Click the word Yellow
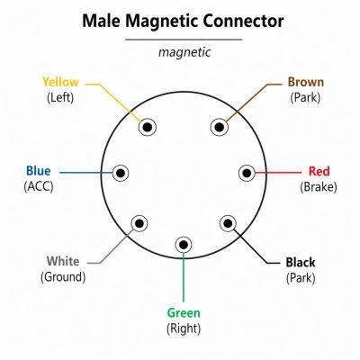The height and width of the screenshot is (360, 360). (60, 82)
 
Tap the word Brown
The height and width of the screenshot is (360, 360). (306, 82)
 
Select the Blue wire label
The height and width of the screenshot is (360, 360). (39, 171)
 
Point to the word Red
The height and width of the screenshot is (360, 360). (319, 171)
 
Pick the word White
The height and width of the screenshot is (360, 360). (63, 261)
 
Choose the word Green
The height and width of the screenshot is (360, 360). (184, 313)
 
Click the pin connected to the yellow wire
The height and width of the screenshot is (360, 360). (148, 128)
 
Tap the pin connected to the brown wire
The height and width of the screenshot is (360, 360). (220, 127)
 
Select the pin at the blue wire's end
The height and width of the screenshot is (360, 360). (121, 173)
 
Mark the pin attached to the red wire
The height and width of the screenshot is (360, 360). (247, 173)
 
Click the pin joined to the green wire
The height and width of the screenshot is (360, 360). (184, 245)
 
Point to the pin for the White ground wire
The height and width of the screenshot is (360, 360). (139, 223)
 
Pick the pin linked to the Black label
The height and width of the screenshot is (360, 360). (228, 223)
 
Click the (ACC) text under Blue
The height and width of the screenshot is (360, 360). (39, 186)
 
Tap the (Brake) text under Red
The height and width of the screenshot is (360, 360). (319, 187)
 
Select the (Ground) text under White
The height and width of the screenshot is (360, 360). (63, 276)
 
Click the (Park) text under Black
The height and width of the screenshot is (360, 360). (301, 278)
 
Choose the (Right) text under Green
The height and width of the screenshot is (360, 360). (184, 328)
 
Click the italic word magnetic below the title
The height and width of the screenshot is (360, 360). (184, 52)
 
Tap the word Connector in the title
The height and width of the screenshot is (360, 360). (243, 22)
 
